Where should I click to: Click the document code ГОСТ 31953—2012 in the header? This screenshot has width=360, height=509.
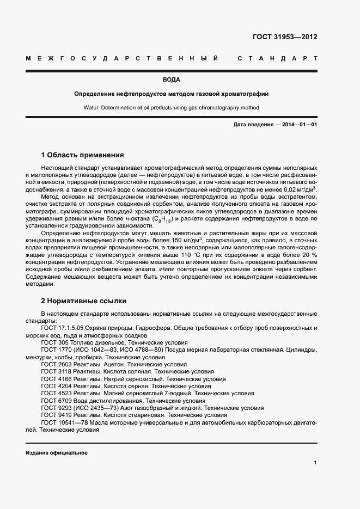[285, 38]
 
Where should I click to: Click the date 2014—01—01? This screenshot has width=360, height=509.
[296, 125]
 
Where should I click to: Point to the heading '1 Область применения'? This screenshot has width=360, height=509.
[82, 155]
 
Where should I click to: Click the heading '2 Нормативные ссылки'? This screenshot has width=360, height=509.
[83, 300]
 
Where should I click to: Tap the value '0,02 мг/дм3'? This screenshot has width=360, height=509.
[298, 189]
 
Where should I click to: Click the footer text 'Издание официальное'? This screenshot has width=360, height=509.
[56, 453]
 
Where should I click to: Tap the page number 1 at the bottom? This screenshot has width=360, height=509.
[315, 463]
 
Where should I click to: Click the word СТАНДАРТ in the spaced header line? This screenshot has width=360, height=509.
[277, 58]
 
